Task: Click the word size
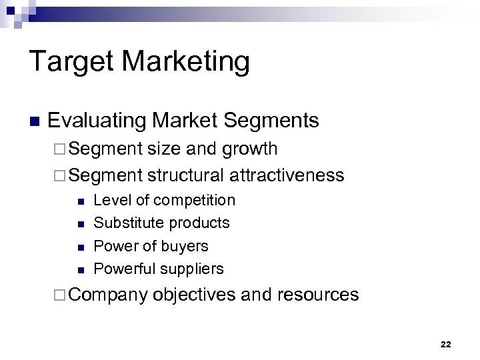click(164, 148)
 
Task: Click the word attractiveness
click(287, 175)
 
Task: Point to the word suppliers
click(192, 269)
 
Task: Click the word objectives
click(194, 295)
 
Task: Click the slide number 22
click(445, 344)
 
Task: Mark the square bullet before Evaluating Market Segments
click(35, 122)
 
